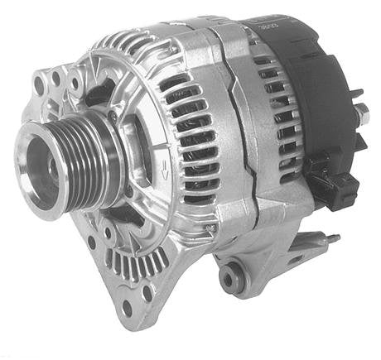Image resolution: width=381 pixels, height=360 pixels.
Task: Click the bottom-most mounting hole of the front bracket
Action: point(126,308)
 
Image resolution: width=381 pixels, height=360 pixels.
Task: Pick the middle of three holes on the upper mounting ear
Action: point(55,79)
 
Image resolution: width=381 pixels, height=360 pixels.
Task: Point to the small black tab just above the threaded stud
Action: point(357,94)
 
